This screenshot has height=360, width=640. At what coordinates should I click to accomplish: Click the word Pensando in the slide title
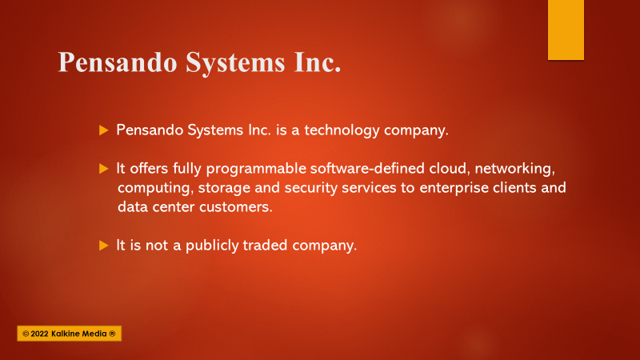pos(118,62)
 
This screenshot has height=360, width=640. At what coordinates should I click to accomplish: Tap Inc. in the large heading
pos(317,62)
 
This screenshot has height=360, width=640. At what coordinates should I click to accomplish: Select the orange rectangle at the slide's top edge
pos(566,30)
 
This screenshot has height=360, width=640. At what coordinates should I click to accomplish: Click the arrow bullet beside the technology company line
pos(104,130)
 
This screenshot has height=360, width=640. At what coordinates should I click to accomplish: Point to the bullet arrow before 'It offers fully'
pos(104,169)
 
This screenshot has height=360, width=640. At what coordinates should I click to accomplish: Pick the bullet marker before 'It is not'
pos(104,246)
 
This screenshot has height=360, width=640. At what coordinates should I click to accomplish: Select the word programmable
pos(256,169)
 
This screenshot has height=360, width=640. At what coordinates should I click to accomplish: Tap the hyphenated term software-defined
pos(367,169)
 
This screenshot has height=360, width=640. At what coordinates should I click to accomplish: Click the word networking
pos(514,169)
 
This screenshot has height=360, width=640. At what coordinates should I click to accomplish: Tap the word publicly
pos(212,246)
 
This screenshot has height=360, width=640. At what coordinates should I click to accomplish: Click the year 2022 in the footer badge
pos(39,334)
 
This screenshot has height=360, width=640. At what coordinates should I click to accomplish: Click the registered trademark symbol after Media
pos(112,334)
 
